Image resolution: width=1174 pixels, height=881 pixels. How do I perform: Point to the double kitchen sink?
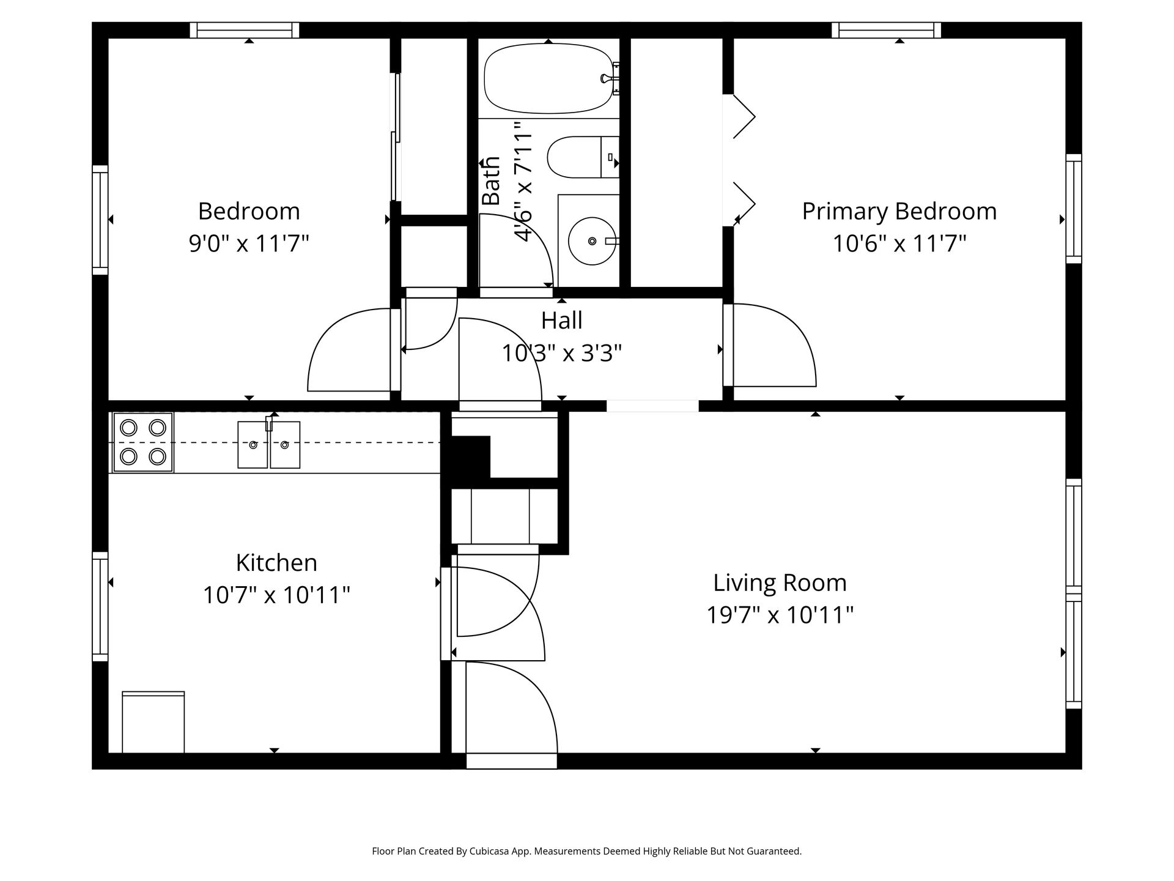[268, 445]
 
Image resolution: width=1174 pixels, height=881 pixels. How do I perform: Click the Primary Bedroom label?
[899, 212]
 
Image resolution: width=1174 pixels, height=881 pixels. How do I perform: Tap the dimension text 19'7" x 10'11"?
[780, 614]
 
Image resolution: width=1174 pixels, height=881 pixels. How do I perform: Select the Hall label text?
[561, 321]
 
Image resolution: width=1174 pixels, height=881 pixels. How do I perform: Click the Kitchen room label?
[276, 562]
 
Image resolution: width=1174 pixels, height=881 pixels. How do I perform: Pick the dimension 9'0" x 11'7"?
[249, 243]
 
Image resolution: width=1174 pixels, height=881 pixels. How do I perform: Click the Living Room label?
[780, 582]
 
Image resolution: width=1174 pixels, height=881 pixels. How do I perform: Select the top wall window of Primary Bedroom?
[886, 30]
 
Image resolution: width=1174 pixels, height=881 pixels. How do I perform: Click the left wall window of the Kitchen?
[100, 606]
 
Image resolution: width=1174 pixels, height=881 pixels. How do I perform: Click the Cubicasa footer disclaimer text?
[586, 851]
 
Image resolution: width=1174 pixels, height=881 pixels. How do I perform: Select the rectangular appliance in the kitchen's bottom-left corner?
[153, 722]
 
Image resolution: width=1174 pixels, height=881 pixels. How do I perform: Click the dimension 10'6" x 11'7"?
[899, 243]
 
